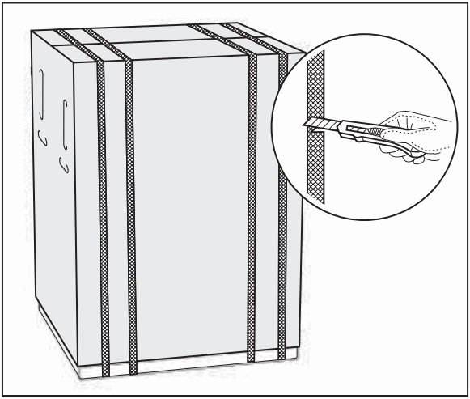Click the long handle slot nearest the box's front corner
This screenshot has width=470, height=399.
pyautogui.click(x=63, y=122)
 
